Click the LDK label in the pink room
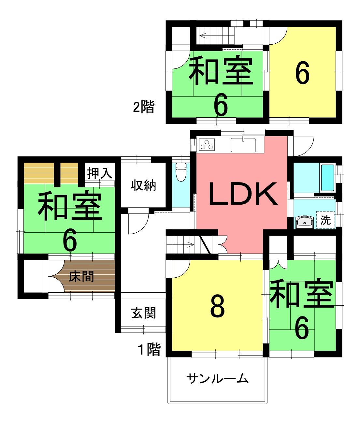point(243,194)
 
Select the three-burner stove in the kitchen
point(207,144)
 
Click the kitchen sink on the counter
point(243,145)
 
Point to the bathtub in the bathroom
point(328,178)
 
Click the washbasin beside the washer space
point(305,223)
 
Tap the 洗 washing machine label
point(325,220)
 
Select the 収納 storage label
point(143,185)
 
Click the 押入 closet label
point(100,173)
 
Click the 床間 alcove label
point(81,276)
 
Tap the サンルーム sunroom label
point(217,378)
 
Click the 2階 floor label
point(144,107)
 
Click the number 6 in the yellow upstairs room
point(302,73)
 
